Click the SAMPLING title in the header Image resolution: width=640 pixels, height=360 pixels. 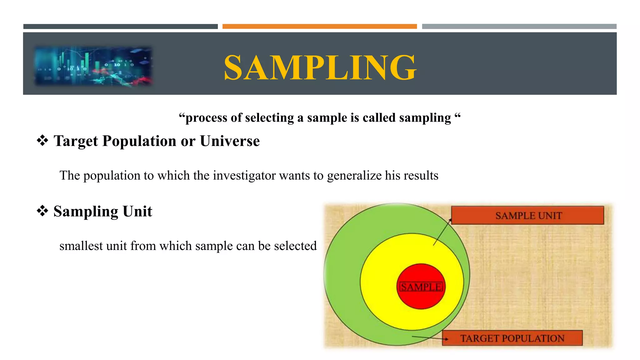point(320,67)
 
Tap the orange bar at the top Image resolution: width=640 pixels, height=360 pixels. point(319,27)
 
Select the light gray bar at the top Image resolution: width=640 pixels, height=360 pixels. point(519,27)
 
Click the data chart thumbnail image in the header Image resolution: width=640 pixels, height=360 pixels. point(93,66)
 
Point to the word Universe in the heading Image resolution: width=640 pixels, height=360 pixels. point(230,141)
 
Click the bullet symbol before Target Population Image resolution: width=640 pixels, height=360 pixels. point(42,140)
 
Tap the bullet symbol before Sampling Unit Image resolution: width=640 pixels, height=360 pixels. point(42,211)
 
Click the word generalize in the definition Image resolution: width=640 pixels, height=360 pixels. point(354,176)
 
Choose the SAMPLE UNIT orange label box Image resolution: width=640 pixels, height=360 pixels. point(527,215)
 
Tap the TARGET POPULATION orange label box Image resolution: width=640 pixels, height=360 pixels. point(512,338)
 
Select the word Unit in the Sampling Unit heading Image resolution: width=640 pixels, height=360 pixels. point(137,212)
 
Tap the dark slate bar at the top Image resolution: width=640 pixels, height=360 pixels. point(120,27)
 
